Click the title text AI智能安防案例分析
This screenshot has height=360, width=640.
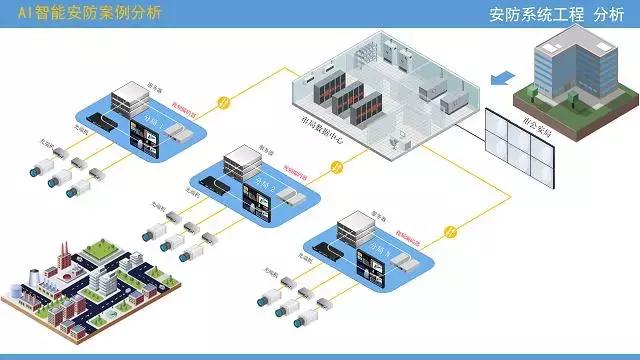pos(90,13)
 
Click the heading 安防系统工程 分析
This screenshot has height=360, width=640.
pos(556,15)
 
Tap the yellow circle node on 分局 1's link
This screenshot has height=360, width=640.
pos(225,101)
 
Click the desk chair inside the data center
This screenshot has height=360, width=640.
pos(398,130)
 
